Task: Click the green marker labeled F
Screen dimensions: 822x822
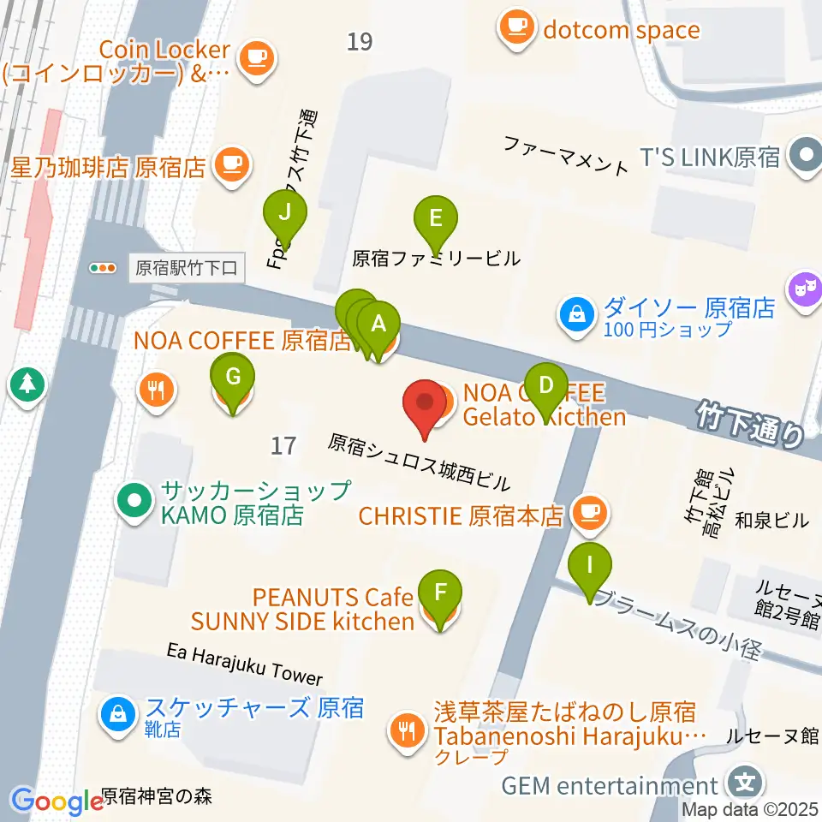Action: (x=440, y=592)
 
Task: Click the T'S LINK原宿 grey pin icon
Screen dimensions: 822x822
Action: (x=804, y=157)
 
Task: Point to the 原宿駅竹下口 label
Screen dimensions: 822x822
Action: (x=187, y=268)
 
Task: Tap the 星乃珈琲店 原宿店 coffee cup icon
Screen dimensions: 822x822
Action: (x=230, y=163)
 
